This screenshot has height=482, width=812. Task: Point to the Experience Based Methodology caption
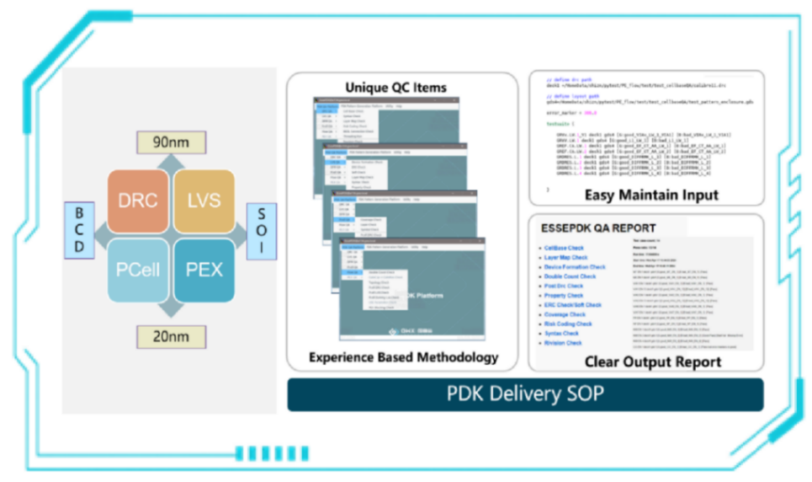click(x=402, y=357)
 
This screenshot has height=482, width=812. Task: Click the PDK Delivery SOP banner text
click(x=524, y=394)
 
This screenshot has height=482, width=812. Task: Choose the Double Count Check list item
click(x=570, y=276)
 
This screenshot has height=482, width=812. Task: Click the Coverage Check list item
click(x=565, y=314)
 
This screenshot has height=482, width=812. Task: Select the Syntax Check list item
click(x=561, y=334)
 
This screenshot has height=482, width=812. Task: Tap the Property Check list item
click(x=564, y=296)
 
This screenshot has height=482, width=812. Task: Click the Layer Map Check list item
click(x=566, y=257)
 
